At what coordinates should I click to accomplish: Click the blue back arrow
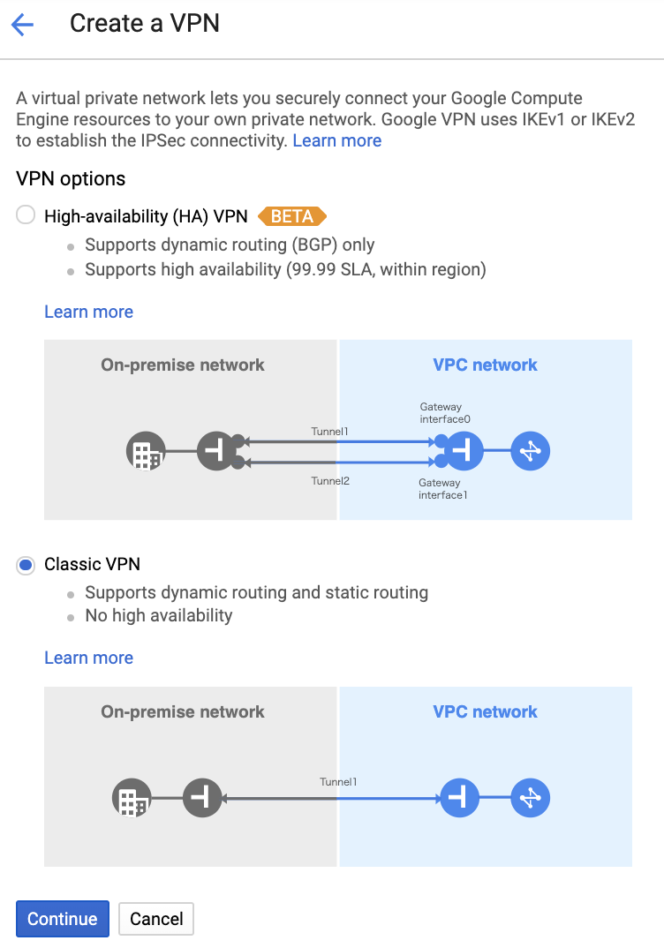pos(22,25)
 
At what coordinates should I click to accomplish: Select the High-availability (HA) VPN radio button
pos(26,215)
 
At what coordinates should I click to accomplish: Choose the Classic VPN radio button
pos(26,564)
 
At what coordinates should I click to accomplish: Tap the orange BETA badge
pos(291,216)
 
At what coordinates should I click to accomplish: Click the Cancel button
pos(155,919)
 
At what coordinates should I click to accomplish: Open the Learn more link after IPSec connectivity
pos(336,140)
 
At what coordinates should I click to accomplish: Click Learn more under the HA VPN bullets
pos(88,312)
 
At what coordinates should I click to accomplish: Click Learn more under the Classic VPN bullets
pos(88,658)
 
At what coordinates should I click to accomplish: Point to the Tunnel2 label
pos(329,481)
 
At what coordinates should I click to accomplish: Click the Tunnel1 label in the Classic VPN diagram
pos(338,782)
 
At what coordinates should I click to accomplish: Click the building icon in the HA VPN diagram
pos(146,452)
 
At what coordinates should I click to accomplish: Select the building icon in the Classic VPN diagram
pos(132,800)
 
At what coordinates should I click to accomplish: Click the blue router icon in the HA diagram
pos(530,452)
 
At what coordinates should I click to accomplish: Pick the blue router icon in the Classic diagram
pos(530,800)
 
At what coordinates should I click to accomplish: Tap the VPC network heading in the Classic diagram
pos(485,711)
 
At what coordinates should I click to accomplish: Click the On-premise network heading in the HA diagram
pos(183,365)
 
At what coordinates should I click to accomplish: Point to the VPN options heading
pos(71,179)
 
